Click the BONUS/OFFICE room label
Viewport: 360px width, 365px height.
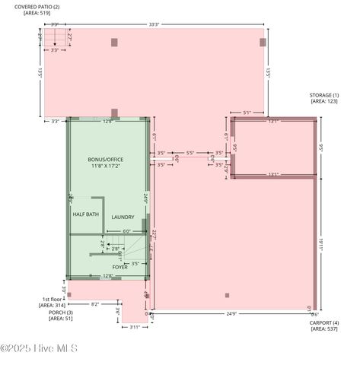[105, 159]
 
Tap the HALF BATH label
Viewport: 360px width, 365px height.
[86, 214]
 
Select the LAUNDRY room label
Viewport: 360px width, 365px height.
[123, 217]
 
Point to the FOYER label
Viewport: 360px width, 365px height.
[120, 268]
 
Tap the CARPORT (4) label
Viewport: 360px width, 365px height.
[324, 322]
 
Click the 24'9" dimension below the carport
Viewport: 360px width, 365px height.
[231, 313]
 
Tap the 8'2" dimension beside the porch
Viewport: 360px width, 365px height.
[95, 304]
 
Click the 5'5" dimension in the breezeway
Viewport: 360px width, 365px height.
[190, 153]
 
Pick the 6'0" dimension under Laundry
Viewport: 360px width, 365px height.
[126, 231]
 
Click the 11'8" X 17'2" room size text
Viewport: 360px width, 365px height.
[105, 166]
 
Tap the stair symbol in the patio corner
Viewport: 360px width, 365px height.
[54, 39]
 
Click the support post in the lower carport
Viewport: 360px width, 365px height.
[227, 295]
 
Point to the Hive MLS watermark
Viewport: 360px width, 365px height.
[40, 349]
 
